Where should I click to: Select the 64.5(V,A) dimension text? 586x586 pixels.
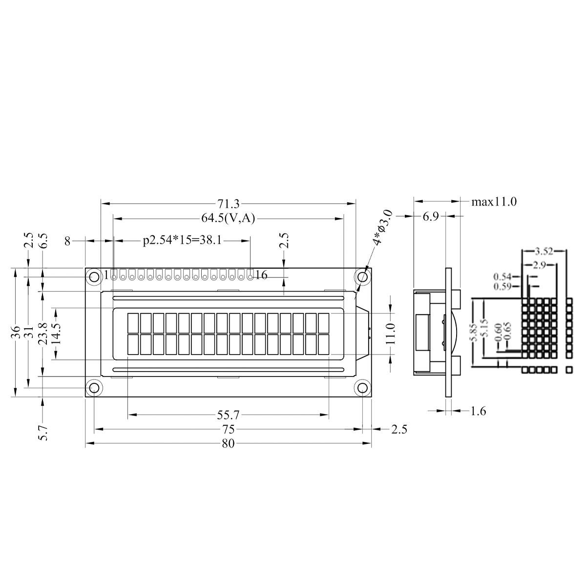228,218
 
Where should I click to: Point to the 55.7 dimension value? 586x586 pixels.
228,416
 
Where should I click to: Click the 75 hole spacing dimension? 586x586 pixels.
228,430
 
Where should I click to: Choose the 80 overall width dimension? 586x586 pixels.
228,443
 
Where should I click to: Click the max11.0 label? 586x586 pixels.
494,202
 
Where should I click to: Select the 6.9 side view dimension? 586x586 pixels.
430,216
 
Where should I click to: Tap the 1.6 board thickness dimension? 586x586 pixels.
479,411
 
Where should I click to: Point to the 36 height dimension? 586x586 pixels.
17,332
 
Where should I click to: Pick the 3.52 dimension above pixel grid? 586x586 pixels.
544,252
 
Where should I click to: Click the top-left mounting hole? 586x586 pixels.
94,277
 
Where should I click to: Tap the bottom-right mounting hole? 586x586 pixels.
363,388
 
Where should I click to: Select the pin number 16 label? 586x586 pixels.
261,275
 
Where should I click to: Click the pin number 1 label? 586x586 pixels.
106,275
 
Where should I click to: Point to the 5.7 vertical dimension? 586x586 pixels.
43,433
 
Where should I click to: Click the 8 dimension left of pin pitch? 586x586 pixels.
68,240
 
